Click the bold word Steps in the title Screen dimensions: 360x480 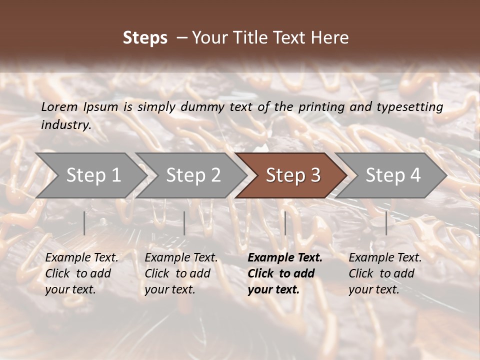[145, 38]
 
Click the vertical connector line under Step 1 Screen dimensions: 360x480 [84, 223]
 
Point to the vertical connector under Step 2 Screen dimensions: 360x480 [184, 223]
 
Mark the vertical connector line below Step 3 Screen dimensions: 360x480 [285, 223]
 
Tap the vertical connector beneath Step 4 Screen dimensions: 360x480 [386, 223]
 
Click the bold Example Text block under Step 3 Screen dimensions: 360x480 [285, 273]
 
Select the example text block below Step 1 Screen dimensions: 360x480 [81, 273]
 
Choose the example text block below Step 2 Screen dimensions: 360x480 [181, 273]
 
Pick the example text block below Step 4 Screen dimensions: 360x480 [385, 273]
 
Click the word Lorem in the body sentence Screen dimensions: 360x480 [59, 106]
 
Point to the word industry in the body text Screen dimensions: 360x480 [65, 125]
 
